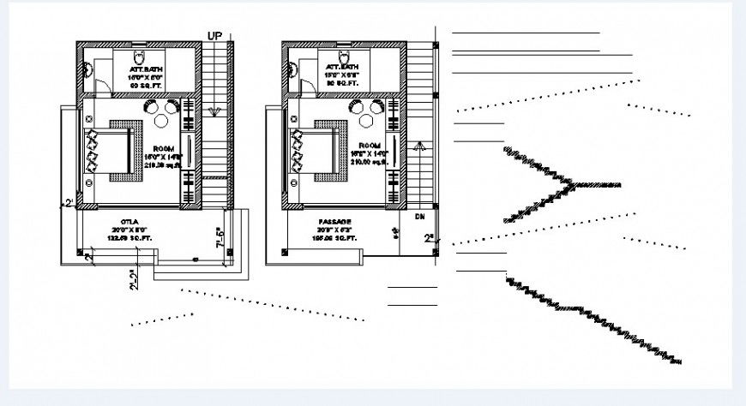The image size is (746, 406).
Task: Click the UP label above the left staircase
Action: click(216, 35)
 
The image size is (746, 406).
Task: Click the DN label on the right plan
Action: click(420, 217)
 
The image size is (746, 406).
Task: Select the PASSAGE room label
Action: click(334, 221)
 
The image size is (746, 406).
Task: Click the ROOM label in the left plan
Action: click(164, 149)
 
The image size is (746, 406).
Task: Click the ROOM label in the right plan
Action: click(370, 146)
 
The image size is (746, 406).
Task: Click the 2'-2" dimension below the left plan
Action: click(133, 280)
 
